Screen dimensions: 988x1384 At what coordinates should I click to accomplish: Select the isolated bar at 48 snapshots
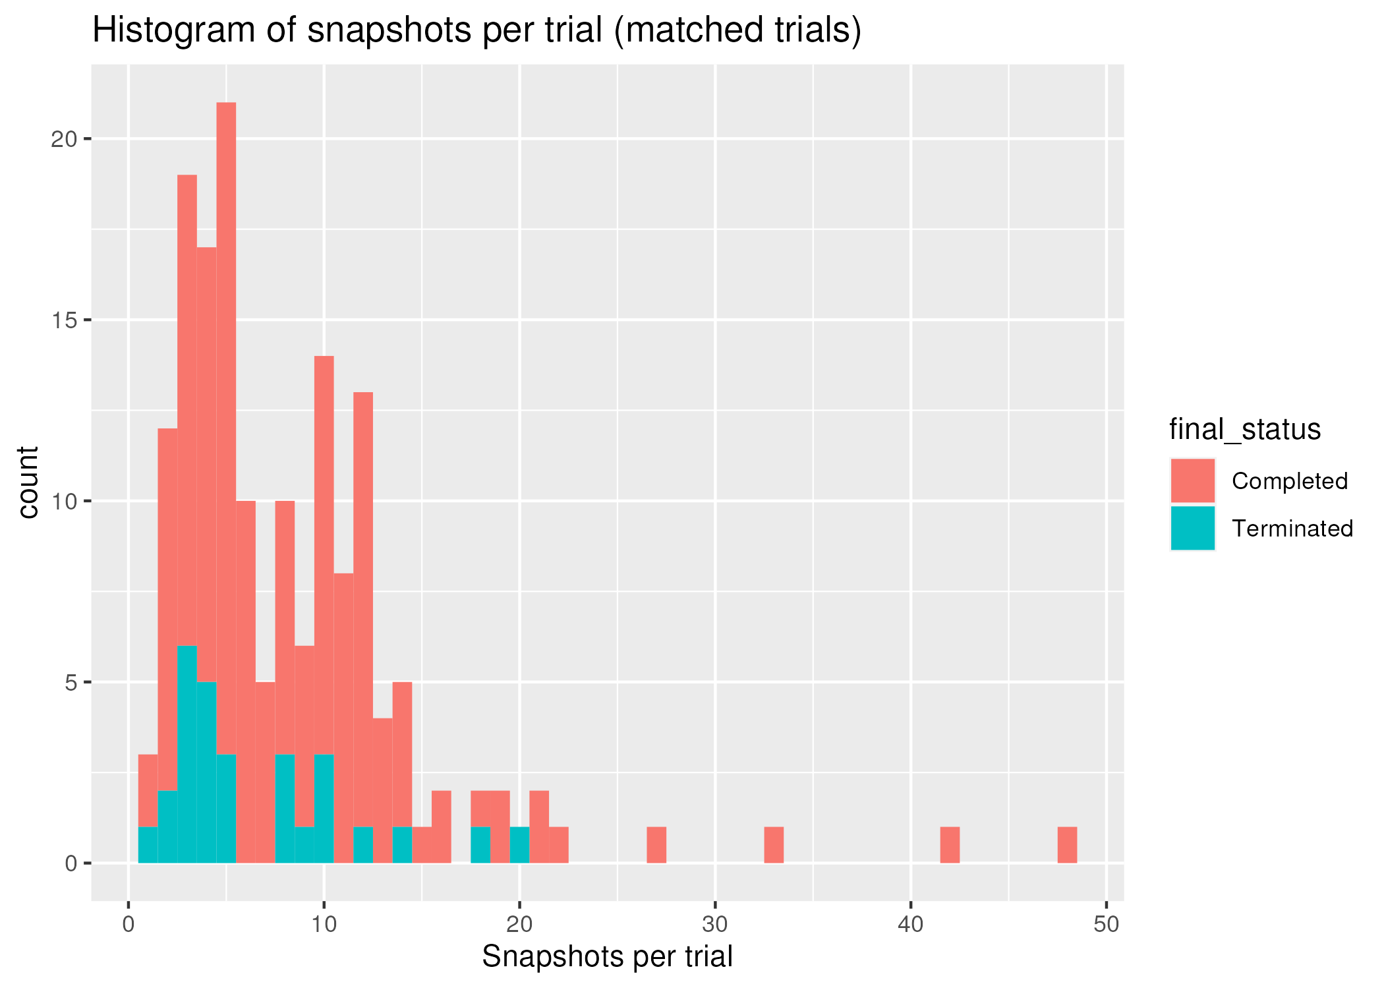coord(1067,844)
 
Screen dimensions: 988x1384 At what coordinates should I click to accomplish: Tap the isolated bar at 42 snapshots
coord(950,844)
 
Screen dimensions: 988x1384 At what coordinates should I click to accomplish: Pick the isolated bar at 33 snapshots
coord(774,844)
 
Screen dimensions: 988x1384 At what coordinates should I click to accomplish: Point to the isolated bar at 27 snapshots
coord(656,844)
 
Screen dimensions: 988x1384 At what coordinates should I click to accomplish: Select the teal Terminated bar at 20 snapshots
coord(519,844)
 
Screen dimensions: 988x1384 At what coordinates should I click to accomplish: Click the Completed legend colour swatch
coord(1192,480)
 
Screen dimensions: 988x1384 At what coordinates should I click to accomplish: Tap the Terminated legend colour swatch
coord(1192,528)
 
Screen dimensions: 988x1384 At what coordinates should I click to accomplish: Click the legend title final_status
coord(1244,430)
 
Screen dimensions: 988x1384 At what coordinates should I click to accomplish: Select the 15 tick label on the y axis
coord(64,320)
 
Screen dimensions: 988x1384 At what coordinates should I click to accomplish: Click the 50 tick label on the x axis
coord(1106,925)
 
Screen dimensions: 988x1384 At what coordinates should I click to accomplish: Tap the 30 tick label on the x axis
coord(715,925)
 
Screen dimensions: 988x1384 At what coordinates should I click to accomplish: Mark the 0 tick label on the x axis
coord(129,925)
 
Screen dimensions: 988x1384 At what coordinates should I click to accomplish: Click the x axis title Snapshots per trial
coord(607,957)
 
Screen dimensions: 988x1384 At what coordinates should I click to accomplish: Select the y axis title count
coord(28,482)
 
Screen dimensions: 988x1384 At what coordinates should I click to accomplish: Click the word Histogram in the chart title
coord(173,30)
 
